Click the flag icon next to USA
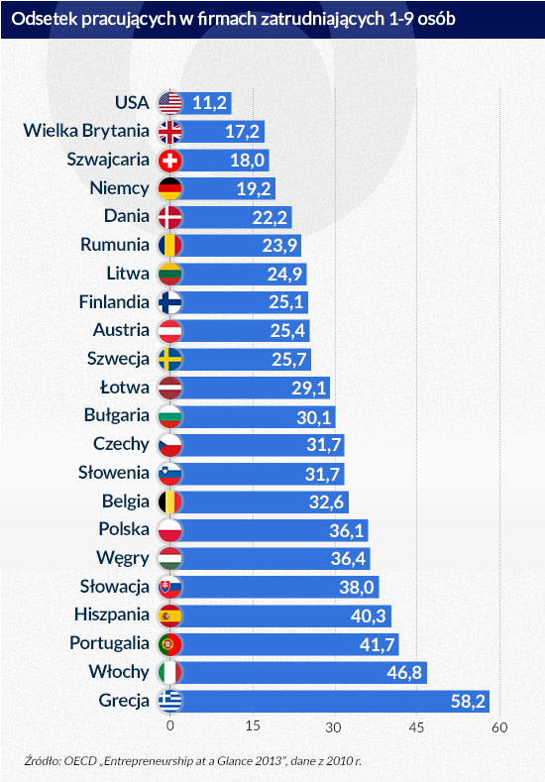click(170, 102)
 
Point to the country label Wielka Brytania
click(87, 130)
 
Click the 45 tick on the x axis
click(418, 727)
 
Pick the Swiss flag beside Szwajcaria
click(170, 160)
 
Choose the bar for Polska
click(268, 530)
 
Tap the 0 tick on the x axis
click(170, 727)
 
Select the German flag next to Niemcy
click(170, 188)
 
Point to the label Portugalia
click(110, 644)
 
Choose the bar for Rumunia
click(238, 245)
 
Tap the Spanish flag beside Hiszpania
click(170, 615)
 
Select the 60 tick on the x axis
click(500, 727)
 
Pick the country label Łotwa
click(126, 388)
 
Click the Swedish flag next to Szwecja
click(170, 359)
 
